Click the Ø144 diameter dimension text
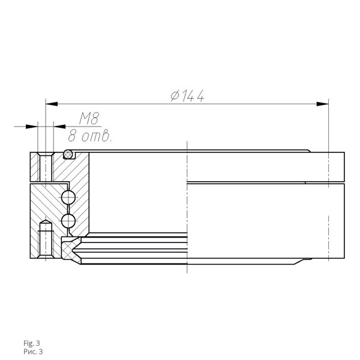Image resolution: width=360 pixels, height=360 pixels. (187, 96)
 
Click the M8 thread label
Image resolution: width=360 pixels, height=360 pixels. (89, 118)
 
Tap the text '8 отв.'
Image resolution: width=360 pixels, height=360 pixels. (90, 136)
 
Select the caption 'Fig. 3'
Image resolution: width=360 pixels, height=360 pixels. (31, 343)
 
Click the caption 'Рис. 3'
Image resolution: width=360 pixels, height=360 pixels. (33, 352)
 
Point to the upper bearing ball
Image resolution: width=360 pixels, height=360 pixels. (68, 197)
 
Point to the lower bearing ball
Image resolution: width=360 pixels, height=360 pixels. (68, 221)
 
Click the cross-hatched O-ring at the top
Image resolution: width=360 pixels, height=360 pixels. (68, 154)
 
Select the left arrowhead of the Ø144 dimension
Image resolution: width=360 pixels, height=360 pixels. (52, 104)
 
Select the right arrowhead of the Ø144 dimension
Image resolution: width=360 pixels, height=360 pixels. (323, 104)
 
